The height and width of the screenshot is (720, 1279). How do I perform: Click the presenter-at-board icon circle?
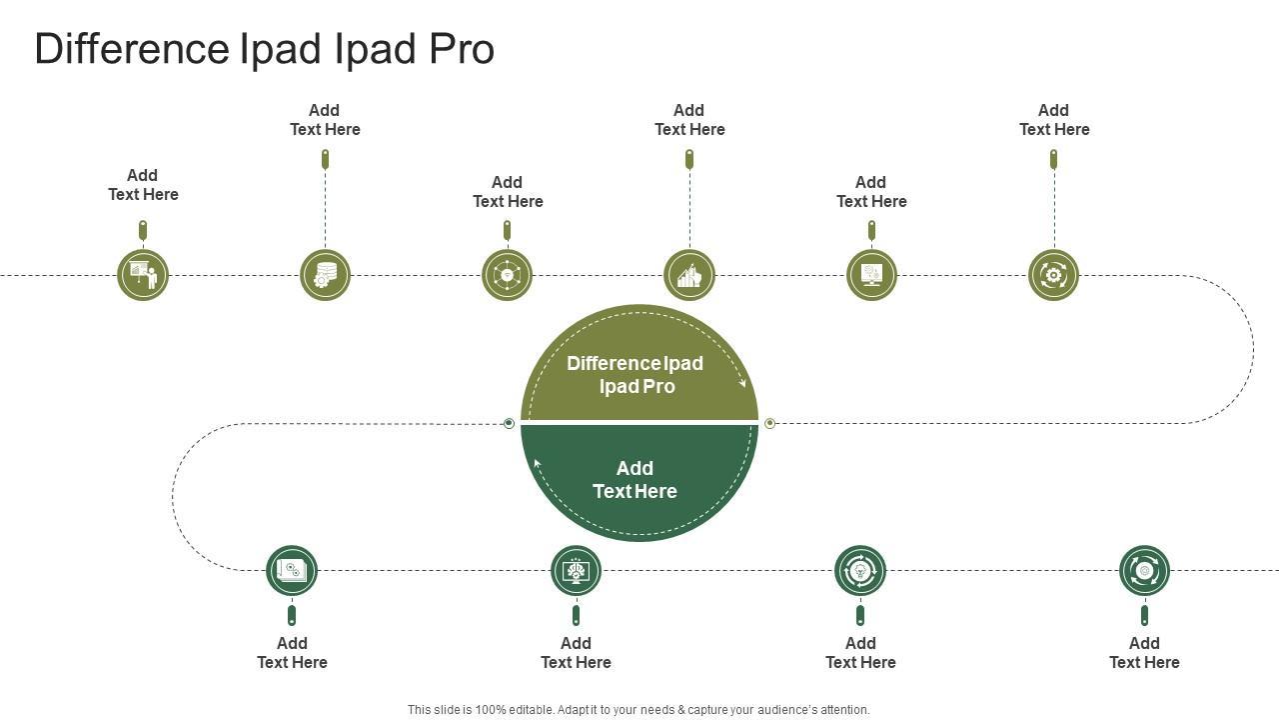point(143,275)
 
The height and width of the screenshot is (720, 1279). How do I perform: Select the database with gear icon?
point(325,275)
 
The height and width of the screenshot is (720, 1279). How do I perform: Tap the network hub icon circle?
point(507,275)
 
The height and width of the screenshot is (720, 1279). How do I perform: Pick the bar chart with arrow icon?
point(689,275)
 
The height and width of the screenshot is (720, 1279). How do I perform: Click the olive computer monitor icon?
point(871,275)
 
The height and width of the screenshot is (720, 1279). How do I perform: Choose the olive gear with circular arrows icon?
point(1053,275)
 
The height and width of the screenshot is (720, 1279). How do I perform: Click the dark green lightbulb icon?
point(860,571)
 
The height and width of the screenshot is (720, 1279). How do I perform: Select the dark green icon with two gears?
point(292,571)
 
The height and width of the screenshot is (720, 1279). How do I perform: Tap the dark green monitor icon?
point(576,571)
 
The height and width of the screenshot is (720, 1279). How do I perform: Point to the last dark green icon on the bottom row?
point(1144,571)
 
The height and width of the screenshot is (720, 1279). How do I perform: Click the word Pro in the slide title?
point(462,49)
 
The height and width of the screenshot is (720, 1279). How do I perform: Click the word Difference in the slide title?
point(132,49)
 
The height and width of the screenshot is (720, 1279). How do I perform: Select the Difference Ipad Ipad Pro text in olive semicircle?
point(636,375)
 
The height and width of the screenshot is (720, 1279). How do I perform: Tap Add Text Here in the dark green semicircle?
point(636,480)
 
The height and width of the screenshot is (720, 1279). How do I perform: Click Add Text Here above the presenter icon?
point(143,185)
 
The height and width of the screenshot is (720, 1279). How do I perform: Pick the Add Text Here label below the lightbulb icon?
point(860,653)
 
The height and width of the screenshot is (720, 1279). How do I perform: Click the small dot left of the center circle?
point(509,424)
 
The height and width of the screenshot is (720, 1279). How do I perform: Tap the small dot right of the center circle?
point(769,424)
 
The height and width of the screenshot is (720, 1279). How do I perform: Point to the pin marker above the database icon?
point(325,158)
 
